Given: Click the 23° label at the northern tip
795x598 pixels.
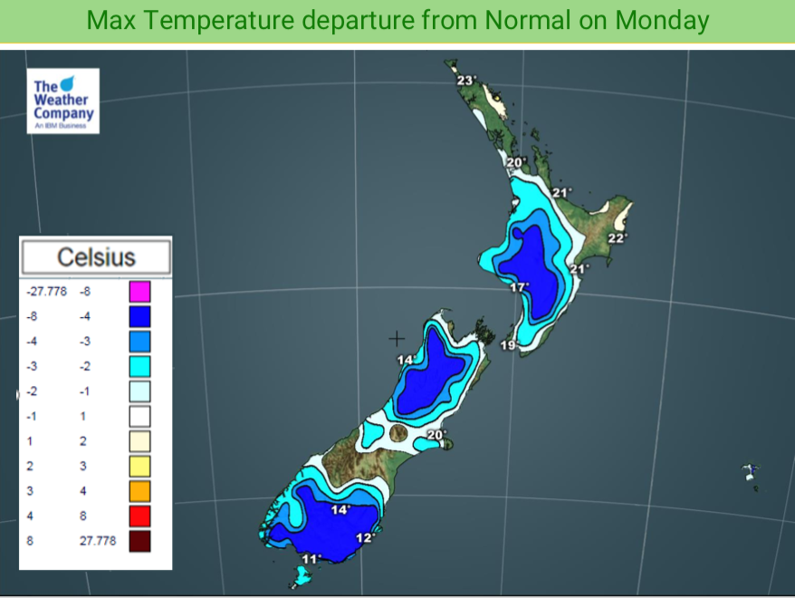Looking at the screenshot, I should pyautogui.click(x=465, y=81).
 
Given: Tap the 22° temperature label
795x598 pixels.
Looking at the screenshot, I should pyautogui.click(x=617, y=238).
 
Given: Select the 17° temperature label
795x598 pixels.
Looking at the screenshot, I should pyautogui.click(x=519, y=287).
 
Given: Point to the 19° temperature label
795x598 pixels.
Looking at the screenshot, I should pyautogui.click(x=508, y=345).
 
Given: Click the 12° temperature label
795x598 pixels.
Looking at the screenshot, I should pyautogui.click(x=365, y=537).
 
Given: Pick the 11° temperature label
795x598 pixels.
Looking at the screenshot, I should pyautogui.click(x=311, y=558).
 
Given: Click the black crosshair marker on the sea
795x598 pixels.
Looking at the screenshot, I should pyautogui.click(x=397, y=339).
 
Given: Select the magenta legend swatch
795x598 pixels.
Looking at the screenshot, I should pyautogui.click(x=139, y=292).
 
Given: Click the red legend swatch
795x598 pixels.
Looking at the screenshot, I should pyautogui.click(x=139, y=516).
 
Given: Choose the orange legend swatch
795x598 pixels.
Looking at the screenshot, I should pyautogui.click(x=139, y=491).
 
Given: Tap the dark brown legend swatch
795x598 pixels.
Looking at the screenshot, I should pyautogui.click(x=139, y=542).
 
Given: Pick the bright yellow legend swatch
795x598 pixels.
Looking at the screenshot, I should pyautogui.click(x=139, y=467).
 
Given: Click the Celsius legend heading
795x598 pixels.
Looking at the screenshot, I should pyautogui.click(x=96, y=256).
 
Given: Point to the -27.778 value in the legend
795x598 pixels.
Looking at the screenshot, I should pyautogui.click(x=47, y=292).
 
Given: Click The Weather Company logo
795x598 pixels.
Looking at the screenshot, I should pyautogui.click(x=63, y=101).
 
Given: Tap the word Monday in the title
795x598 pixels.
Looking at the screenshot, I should pyautogui.click(x=658, y=20).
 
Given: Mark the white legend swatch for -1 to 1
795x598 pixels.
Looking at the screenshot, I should pyautogui.click(x=139, y=417).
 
